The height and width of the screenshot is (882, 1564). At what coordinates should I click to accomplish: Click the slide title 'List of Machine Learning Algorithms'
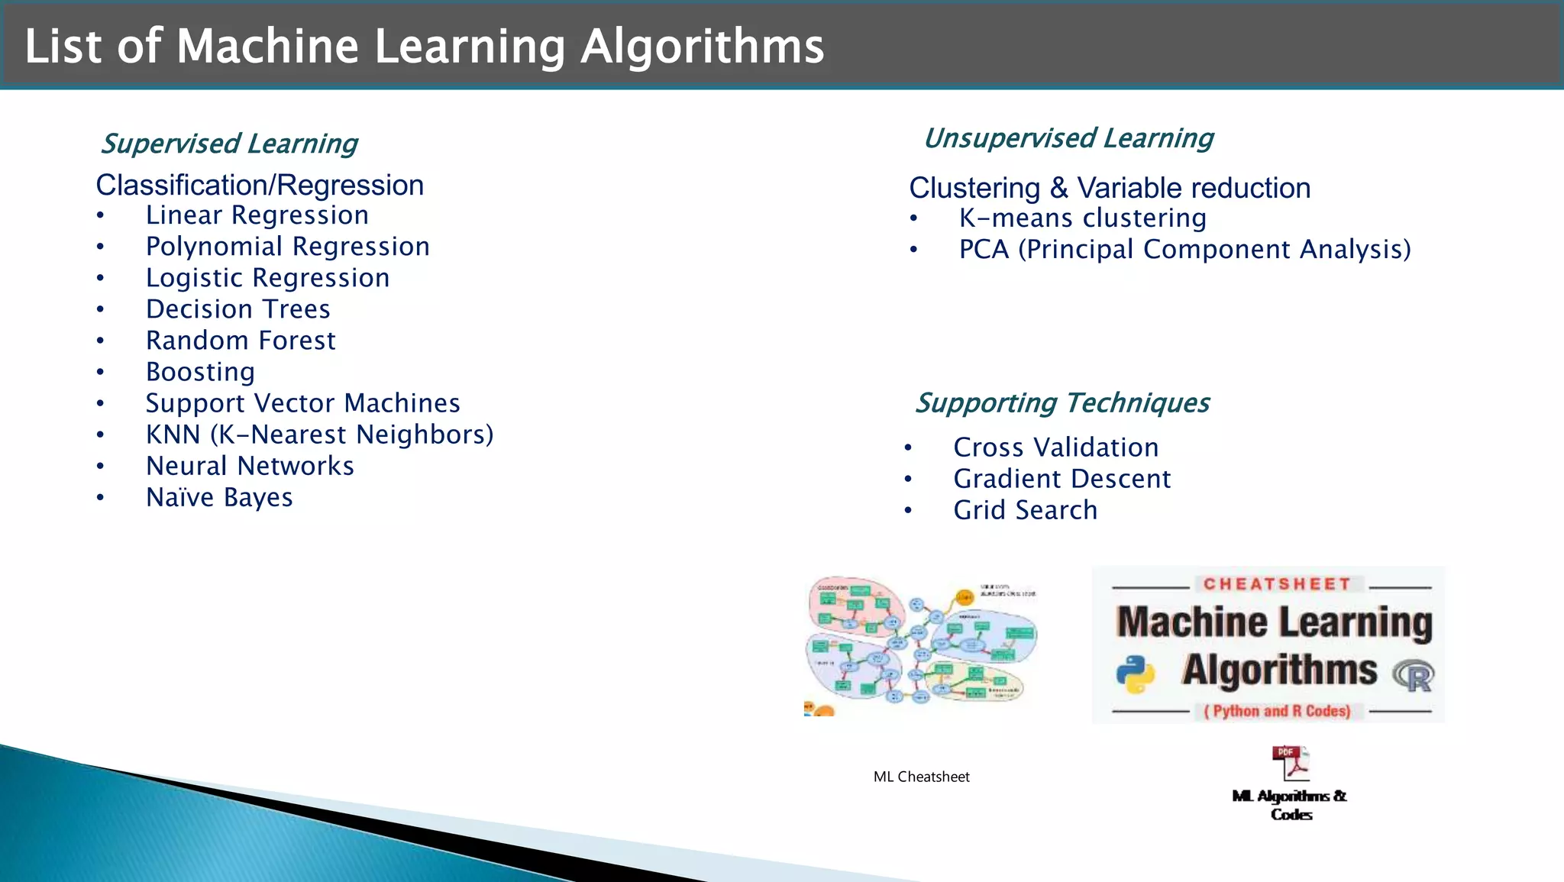pos(424,46)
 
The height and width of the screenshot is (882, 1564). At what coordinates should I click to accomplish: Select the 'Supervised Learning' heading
pos(229,144)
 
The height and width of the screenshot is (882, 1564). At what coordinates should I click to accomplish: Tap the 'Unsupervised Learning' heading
pos(1068,138)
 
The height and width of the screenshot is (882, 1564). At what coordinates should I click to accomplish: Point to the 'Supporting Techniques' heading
pos(1062,402)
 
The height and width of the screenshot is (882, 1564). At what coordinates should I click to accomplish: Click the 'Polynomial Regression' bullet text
pos(287,247)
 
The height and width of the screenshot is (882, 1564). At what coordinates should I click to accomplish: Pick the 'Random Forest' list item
pos(241,341)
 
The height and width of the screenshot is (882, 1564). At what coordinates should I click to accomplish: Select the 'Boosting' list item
pos(200,372)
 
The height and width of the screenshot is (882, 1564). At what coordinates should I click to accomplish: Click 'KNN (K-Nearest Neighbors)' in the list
pos(319,435)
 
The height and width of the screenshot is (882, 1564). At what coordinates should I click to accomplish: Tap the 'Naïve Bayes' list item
pos(219,498)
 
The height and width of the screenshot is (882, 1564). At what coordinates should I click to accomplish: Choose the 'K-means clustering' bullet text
pos(1082,218)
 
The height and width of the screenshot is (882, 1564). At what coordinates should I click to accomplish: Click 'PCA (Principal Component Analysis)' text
pos(1184,250)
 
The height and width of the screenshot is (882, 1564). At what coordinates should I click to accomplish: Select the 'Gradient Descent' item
pos(1062,479)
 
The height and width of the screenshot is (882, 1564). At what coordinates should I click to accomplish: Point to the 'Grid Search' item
pos(1025,510)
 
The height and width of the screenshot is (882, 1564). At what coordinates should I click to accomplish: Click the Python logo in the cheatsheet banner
pos(1136,673)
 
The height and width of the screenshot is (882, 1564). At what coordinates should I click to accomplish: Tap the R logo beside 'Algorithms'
pos(1414,675)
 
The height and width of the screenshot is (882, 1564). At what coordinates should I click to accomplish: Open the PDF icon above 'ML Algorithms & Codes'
pos(1290,763)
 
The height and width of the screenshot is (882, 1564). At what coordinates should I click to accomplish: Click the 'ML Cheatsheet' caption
pos(921,777)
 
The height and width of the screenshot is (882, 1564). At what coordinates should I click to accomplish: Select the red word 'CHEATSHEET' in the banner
pos(1277,584)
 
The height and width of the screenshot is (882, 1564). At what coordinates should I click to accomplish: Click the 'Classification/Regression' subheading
pos(260,186)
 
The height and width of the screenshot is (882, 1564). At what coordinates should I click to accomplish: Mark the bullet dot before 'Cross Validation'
pos(908,448)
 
